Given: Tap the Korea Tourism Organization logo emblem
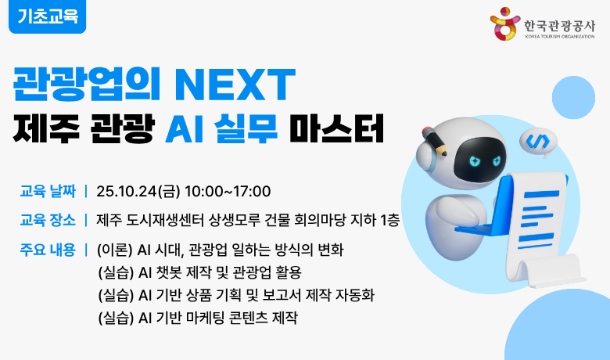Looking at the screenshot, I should tap(504, 24).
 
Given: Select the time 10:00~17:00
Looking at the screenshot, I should tap(228, 191).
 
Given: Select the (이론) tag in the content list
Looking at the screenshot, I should tap(115, 250).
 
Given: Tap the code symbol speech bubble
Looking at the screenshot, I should tap(537, 141).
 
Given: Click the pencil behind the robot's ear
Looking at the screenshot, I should tap(434, 141).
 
